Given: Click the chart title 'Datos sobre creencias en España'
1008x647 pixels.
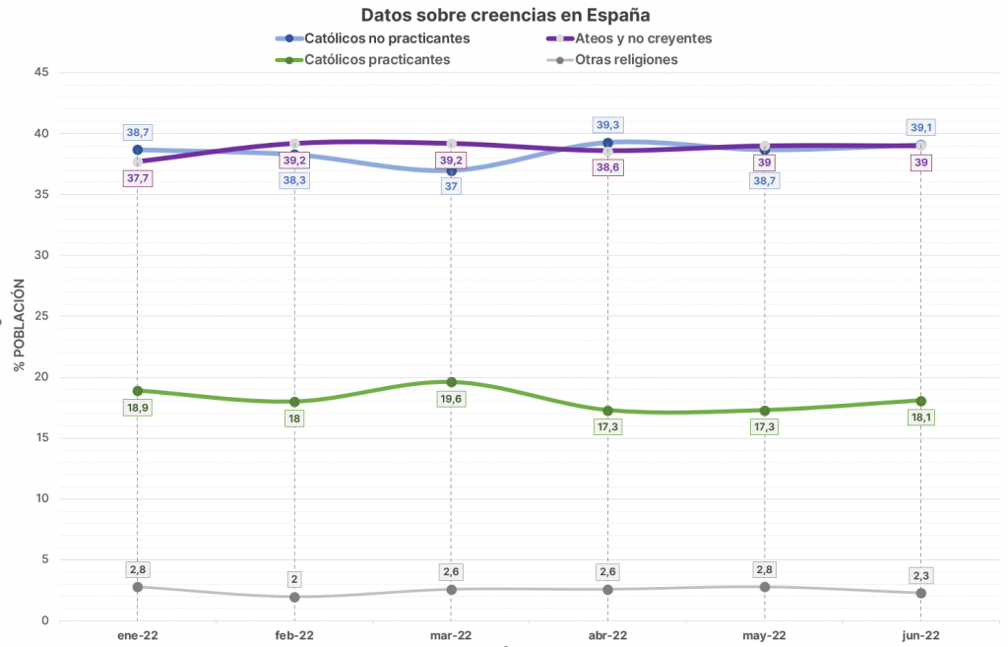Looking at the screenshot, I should (505, 15).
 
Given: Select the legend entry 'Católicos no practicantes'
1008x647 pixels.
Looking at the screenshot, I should (386, 38).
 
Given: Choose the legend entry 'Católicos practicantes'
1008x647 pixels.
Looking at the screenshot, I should (377, 59).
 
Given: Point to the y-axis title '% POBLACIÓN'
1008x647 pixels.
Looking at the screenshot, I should (19, 324).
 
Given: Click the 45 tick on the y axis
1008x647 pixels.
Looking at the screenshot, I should (41, 72).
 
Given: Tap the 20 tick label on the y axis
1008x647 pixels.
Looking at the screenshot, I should (41, 377).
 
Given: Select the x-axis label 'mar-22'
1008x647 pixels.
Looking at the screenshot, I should (451, 635).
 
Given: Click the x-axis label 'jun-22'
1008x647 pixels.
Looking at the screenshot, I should (920, 635).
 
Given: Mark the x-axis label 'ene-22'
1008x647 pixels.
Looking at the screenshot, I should (137, 635).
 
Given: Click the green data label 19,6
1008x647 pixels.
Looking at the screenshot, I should (451, 399).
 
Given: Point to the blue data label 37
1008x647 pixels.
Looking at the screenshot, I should (451, 186).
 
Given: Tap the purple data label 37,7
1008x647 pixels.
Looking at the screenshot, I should (137, 178).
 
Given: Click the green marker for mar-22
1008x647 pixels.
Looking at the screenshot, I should (451, 382).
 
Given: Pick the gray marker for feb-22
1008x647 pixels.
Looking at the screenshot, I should (294, 597).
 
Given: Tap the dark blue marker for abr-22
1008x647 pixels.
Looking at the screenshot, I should (608, 143).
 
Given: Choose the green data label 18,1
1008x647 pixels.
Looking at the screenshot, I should (920, 418).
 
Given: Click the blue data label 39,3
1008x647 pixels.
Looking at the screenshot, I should (608, 125).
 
